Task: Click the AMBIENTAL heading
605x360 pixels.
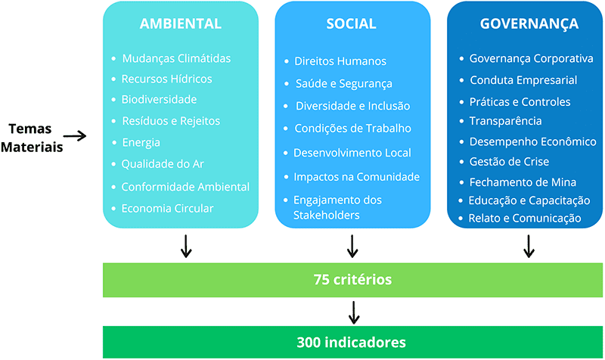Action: click(181, 23)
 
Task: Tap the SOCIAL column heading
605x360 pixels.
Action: click(351, 23)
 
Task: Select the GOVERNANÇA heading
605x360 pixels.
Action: click(529, 23)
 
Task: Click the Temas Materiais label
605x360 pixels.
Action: click(31, 137)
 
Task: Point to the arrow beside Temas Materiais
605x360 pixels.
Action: click(75, 136)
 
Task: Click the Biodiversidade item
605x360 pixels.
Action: click(159, 99)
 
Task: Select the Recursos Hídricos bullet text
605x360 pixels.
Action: click(166, 79)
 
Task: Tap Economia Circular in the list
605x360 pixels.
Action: click(167, 208)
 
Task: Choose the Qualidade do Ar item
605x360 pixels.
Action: click(163, 163)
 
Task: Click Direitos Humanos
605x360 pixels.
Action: click(340, 61)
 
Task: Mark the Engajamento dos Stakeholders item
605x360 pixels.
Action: click(337, 208)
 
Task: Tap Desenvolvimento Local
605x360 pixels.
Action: click(352, 153)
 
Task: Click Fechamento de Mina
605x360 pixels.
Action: click(523, 182)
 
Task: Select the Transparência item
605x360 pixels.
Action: click(505, 121)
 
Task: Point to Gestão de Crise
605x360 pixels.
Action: click(509, 161)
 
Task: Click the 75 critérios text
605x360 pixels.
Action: click(353, 280)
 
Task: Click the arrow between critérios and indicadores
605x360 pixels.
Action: click(353, 311)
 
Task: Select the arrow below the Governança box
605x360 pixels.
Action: click(529, 246)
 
